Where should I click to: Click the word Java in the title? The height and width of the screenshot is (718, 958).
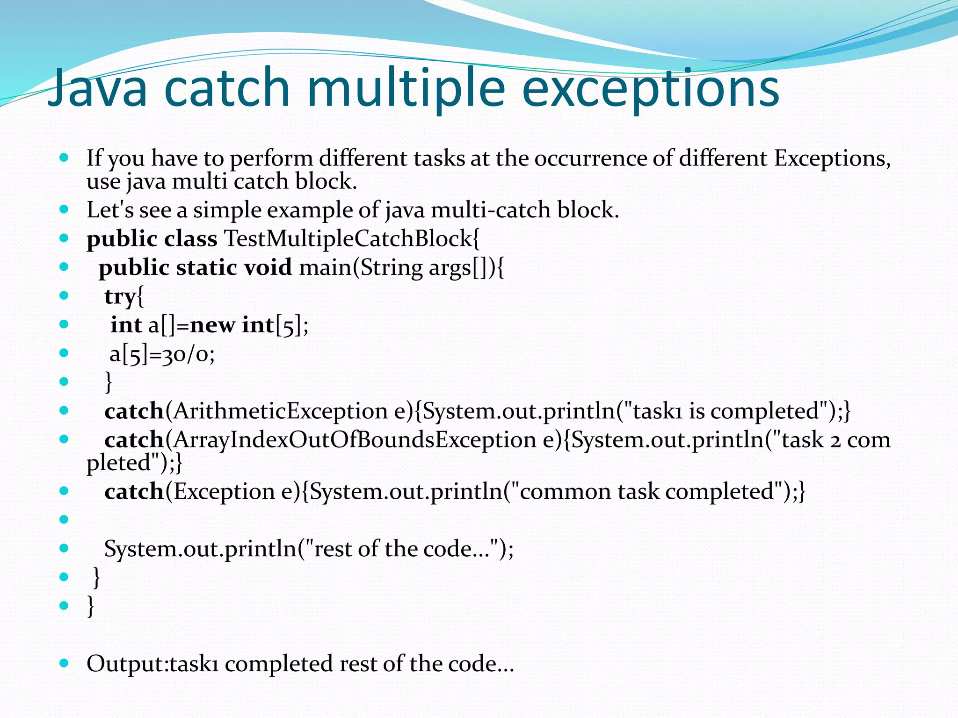[x=97, y=88]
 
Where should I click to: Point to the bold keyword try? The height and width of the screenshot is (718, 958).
[x=120, y=296]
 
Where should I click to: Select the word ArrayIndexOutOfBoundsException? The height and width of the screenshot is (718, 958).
[x=355, y=440]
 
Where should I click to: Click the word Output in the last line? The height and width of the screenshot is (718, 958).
[x=125, y=664]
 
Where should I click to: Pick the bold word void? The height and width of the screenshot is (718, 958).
[x=268, y=267]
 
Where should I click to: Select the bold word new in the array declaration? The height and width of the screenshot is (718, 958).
[x=212, y=325]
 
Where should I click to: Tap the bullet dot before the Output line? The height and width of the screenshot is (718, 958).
[x=65, y=662]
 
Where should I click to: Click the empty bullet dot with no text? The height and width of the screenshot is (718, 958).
[x=65, y=519]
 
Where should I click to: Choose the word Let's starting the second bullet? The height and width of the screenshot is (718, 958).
[x=109, y=210]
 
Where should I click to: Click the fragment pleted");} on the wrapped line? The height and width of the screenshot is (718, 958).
[x=134, y=463]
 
